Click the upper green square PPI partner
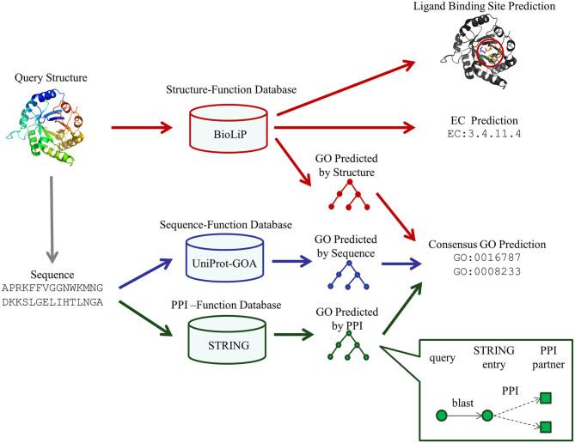click(x=545, y=397)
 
